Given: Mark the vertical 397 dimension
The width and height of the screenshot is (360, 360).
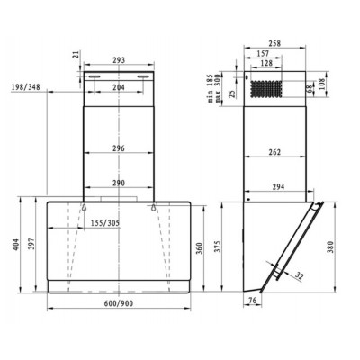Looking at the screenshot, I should coord(32,244).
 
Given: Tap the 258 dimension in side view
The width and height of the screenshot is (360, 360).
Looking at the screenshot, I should coord(275,43).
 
